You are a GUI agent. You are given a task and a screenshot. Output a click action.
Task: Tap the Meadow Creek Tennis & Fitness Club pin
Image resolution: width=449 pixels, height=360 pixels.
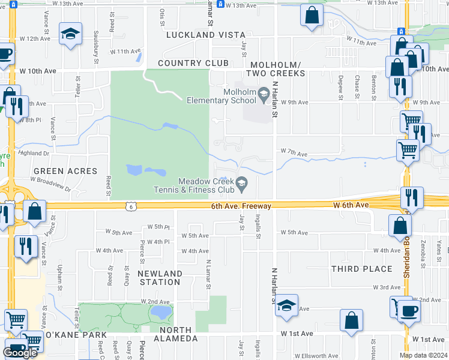click(242, 184)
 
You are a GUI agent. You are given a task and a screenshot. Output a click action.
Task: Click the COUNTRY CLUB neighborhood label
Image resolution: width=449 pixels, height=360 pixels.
click(193, 64)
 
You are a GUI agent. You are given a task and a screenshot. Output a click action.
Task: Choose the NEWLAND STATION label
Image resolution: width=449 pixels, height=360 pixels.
click(160, 278)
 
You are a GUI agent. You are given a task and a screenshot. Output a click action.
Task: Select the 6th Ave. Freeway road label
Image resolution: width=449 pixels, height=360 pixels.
click(241, 206)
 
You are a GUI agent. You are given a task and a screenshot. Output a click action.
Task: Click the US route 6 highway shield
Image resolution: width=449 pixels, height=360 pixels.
click(130, 206)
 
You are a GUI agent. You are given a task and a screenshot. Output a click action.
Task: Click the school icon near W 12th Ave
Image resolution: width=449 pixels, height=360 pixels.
click(70, 35)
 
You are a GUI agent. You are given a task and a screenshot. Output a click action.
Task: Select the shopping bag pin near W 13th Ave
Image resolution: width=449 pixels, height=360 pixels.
click(312, 16)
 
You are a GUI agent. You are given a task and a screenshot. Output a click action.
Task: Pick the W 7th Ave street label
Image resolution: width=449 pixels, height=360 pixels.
click(294, 154)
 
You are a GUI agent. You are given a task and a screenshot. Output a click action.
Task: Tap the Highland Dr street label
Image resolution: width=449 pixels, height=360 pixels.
click(32, 154)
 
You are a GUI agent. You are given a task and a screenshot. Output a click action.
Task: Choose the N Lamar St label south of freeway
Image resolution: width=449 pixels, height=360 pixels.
click(208, 274)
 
